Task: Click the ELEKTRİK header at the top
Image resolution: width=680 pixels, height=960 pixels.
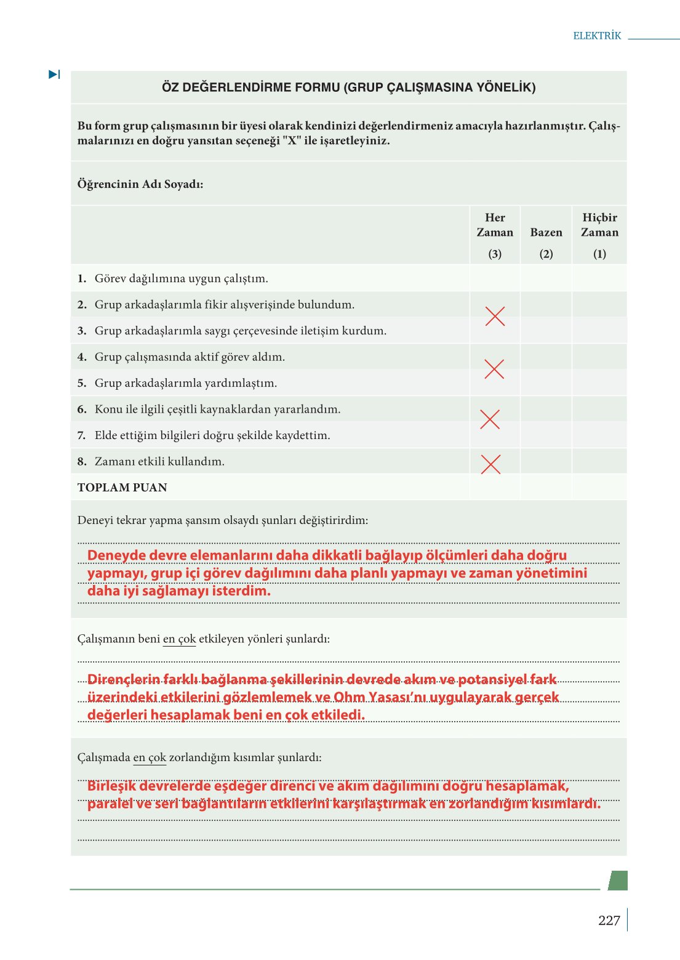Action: [597, 36]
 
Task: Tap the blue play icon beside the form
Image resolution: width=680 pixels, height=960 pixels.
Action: [54, 75]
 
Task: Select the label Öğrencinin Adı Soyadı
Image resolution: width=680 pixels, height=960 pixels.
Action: [140, 184]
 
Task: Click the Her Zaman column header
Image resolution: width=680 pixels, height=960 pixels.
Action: [495, 225]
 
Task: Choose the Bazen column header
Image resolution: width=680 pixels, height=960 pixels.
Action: [546, 232]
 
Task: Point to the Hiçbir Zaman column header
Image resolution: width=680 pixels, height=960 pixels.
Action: [599, 225]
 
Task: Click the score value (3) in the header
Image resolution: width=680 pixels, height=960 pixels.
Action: [495, 254]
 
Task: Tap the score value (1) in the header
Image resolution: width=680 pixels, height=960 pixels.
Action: [599, 254]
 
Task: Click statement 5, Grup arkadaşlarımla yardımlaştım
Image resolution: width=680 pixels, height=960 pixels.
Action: [185, 383]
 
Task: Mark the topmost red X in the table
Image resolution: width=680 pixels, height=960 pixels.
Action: [495, 316]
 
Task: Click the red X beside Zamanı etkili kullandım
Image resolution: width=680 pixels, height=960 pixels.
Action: [490, 464]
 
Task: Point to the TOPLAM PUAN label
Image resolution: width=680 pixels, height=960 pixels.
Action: [122, 488]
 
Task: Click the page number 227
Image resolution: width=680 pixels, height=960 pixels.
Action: [609, 921]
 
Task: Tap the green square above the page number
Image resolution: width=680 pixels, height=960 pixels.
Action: [618, 881]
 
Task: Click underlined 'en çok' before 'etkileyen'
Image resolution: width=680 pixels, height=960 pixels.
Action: [179, 639]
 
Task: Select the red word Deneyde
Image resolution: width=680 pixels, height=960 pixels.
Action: [117, 555]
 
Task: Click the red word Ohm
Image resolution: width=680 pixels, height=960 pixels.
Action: [349, 697]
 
